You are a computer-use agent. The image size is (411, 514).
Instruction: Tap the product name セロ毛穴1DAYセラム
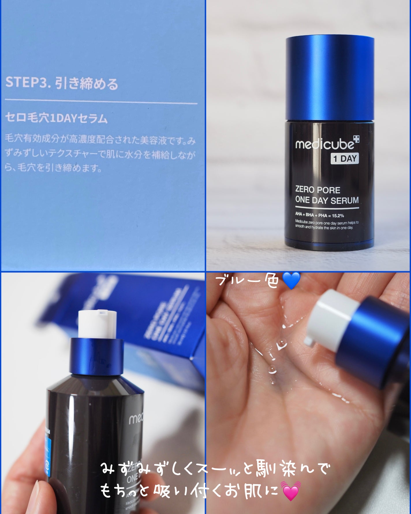click(x=56, y=118)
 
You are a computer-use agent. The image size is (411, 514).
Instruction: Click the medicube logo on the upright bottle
click(x=324, y=144)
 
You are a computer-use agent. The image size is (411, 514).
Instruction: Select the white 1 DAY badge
click(x=345, y=159)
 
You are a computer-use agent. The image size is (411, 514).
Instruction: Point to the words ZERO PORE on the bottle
click(x=317, y=190)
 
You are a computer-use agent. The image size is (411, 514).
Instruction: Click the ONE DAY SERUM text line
click(x=327, y=200)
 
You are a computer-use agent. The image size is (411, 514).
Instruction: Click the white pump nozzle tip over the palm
click(x=309, y=341)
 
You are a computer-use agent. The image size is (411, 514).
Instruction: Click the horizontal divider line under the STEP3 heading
click(x=101, y=101)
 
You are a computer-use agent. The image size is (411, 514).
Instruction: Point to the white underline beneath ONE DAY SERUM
click(x=327, y=208)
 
